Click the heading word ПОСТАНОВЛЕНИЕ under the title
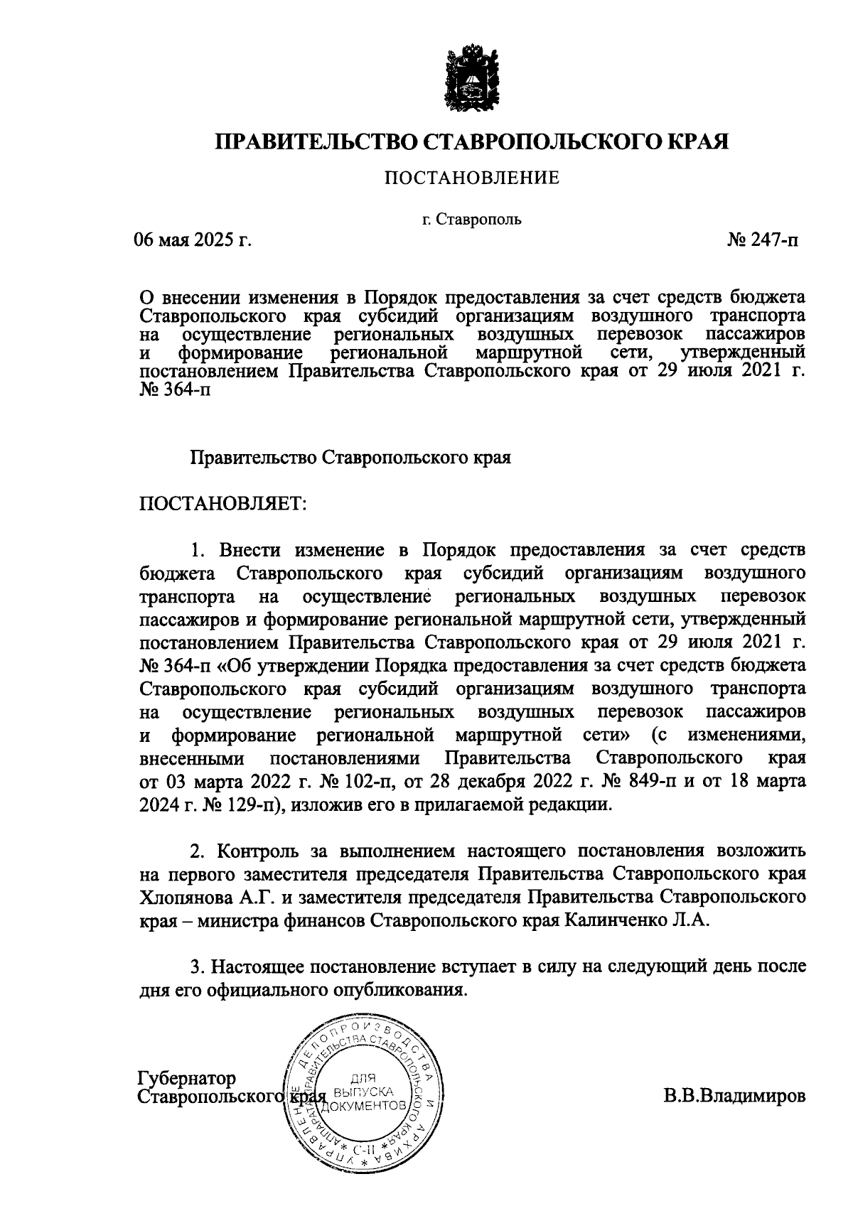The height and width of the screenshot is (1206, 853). (x=472, y=178)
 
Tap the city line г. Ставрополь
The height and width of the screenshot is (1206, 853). (x=471, y=219)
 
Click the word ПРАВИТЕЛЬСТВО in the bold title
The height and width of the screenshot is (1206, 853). (x=316, y=142)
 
